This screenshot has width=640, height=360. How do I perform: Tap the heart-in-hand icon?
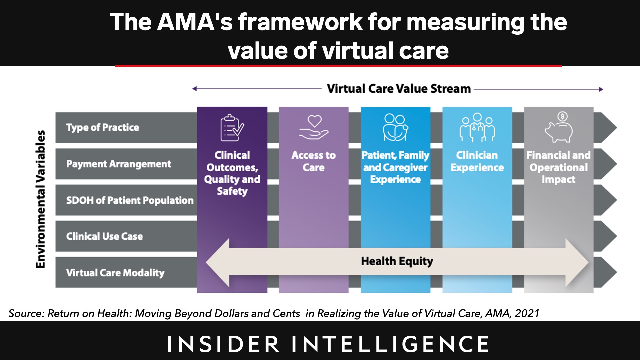[x=314, y=127]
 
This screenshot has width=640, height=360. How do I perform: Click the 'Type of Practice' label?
[x=103, y=127]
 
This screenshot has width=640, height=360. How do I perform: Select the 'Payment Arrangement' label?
[x=119, y=164]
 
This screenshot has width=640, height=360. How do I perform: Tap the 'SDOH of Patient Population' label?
[x=130, y=200]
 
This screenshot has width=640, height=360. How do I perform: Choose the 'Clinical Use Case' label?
[x=104, y=236]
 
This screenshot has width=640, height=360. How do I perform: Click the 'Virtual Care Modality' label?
[x=115, y=273]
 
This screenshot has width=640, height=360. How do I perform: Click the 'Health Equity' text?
[x=397, y=261]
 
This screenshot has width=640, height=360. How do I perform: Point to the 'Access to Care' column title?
[x=314, y=161]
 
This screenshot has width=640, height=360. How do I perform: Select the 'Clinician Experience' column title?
[x=477, y=161]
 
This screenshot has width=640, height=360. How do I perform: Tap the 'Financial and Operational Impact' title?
[x=559, y=167]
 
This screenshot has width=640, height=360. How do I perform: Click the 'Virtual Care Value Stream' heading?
[x=399, y=89]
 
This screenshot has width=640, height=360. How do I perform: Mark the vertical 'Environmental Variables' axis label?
[x=41, y=199]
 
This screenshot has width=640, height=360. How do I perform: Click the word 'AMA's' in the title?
[x=195, y=22]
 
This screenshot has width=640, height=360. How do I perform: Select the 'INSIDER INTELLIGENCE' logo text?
[x=328, y=344]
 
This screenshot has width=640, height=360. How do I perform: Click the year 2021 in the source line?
[x=527, y=313]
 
